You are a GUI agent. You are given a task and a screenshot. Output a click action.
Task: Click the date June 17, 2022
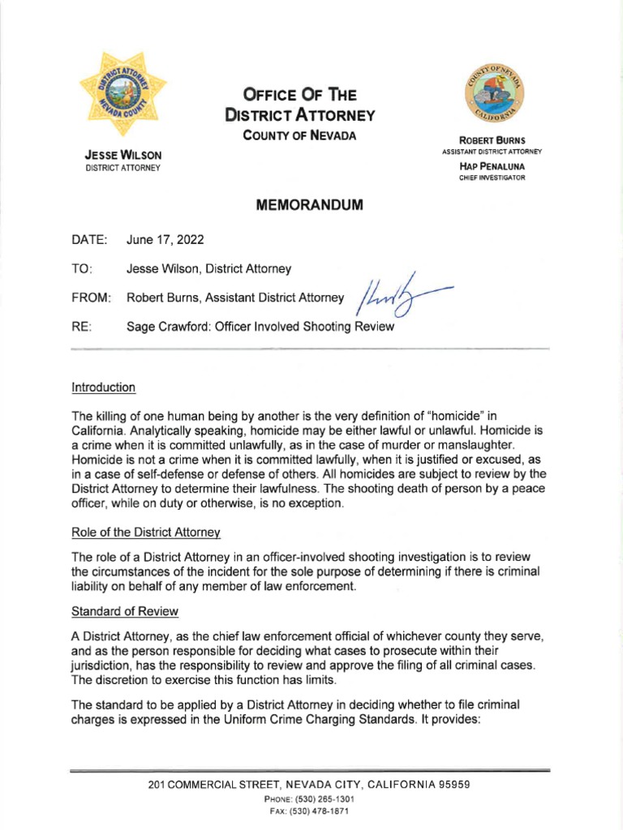(x=165, y=240)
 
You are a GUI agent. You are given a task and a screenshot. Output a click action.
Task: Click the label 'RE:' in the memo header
(x=83, y=327)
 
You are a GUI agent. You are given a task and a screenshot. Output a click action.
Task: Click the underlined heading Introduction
(x=104, y=387)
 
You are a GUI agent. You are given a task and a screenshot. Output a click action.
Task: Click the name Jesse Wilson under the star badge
(x=123, y=155)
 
